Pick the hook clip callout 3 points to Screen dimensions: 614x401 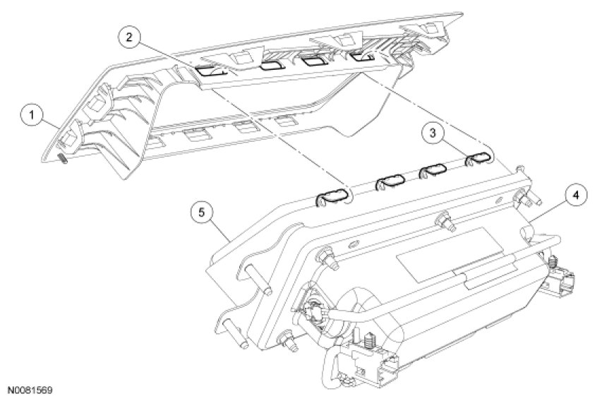click(x=478, y=158)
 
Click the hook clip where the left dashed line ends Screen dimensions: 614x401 click(x=332, y=196)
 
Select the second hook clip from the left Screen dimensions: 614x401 click(x=390, y=181)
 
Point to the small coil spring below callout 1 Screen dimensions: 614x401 click(x=64, y=159)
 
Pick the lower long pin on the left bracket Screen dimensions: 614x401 click(x=236, y=333)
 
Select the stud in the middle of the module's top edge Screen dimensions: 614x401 click(x=445, y=220)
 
